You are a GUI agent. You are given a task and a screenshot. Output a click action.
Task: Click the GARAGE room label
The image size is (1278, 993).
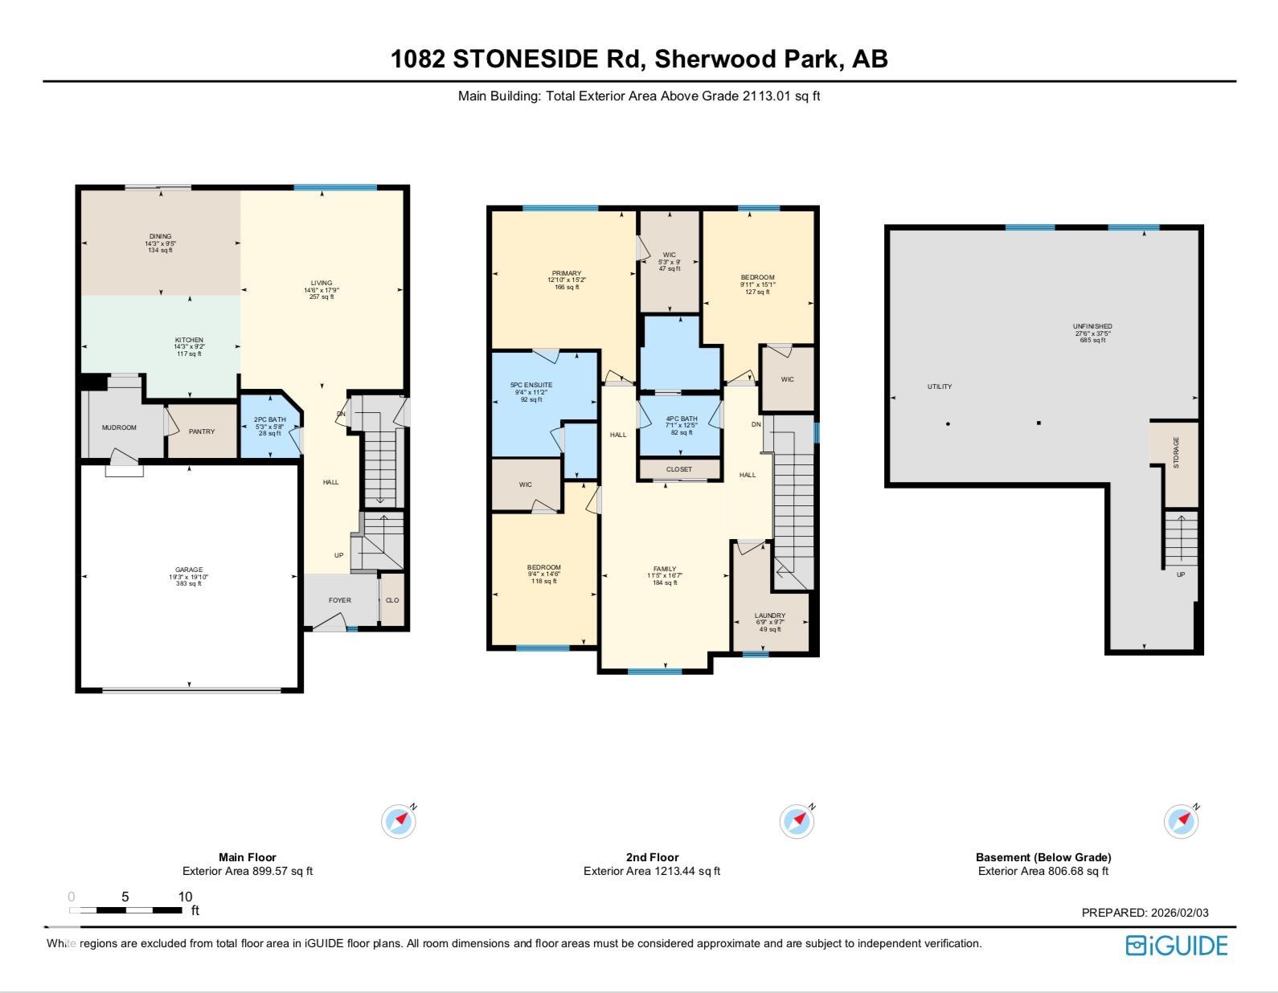point(189,570)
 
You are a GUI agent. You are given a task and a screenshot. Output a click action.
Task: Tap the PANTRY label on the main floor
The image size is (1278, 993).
point(202,431)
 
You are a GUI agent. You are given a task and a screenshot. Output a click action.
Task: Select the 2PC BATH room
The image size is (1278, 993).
point(269,426)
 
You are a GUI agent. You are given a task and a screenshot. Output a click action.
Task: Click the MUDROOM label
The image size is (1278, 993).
point(119,427)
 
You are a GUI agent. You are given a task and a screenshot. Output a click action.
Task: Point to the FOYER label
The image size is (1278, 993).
point(339,600)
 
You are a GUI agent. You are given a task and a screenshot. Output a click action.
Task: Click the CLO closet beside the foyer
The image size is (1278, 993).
point(392,600)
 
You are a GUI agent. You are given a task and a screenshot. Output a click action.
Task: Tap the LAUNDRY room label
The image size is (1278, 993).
point(770,615)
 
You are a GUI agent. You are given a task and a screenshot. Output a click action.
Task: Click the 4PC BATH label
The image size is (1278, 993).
point(682,419)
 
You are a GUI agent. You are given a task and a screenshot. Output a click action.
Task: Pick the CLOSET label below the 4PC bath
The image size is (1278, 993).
point(680,469)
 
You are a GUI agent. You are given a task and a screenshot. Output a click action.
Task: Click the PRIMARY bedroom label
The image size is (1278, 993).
point(567,273)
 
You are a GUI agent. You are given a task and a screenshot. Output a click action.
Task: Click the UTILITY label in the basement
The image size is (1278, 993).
point(940,386)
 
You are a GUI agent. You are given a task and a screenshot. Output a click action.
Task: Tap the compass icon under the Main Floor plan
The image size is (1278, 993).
point(399,821)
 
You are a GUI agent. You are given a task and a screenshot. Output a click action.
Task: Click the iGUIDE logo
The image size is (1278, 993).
point(1177,946)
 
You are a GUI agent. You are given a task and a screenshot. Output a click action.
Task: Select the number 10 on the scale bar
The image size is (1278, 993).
point(185,897)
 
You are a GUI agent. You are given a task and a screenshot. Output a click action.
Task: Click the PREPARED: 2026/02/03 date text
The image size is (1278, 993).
point(1145,913)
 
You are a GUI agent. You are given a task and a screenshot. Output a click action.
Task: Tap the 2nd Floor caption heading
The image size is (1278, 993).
point(652,857)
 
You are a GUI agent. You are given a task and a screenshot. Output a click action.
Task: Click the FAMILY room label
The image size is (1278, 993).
point(665,569)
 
